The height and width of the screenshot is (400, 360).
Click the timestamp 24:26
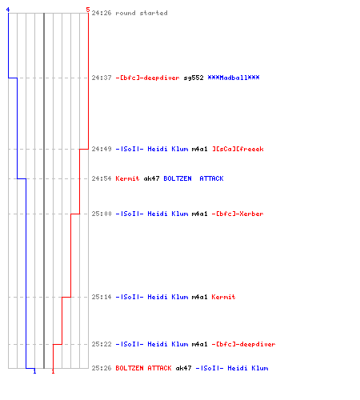102,13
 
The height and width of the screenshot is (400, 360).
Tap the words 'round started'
142,13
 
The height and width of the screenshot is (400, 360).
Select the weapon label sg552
194,78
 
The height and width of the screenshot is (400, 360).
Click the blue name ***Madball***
234,78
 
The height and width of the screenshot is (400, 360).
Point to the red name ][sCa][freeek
238,149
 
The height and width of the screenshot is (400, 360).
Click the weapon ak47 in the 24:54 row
151,178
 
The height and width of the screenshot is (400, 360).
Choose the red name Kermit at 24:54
127,178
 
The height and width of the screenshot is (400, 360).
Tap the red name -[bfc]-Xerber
238,214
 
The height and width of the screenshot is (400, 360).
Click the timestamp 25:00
102,214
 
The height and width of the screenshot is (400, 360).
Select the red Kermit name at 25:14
223,297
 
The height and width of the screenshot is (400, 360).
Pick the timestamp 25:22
102,344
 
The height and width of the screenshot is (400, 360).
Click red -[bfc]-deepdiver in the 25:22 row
243,344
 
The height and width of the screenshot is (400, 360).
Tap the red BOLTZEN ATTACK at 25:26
143,368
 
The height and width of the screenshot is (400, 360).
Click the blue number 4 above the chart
8,10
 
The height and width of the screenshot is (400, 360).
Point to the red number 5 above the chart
88,10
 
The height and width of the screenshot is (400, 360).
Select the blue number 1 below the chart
34,371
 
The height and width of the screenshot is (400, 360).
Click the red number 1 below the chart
53,371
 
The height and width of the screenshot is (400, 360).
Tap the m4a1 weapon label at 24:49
200,149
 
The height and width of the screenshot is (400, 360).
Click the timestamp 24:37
102,78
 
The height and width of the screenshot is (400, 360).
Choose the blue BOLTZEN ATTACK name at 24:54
194,178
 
